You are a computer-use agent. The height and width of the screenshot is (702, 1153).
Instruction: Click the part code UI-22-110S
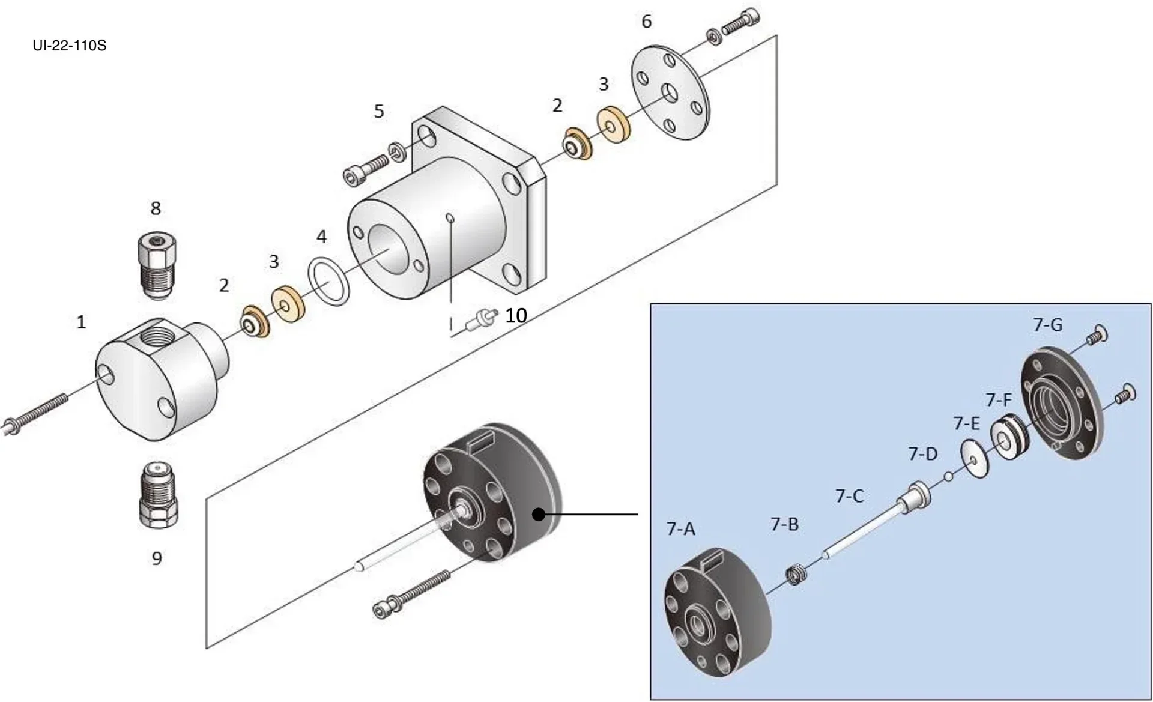coord(69,46)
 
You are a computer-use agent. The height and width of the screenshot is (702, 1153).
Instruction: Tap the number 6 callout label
coord(646,22)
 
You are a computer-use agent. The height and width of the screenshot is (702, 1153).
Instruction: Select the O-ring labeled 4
coord(328,282)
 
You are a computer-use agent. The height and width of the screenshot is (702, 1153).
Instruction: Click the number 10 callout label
coord(515,315)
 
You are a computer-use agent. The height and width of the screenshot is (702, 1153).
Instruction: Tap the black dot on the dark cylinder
coord(539,515)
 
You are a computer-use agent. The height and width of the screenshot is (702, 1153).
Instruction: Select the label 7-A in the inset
coord(680,529)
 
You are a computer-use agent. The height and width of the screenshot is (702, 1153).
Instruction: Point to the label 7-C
coord(849,496)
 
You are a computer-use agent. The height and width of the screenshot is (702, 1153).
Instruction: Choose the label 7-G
coord(1047,325)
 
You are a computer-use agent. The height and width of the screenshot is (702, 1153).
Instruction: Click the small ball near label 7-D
coord(948,477)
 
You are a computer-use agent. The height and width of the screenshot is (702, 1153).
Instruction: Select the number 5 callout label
coord(378,111)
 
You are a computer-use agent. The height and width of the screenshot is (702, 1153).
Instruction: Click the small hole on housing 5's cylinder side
coord(449,219)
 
